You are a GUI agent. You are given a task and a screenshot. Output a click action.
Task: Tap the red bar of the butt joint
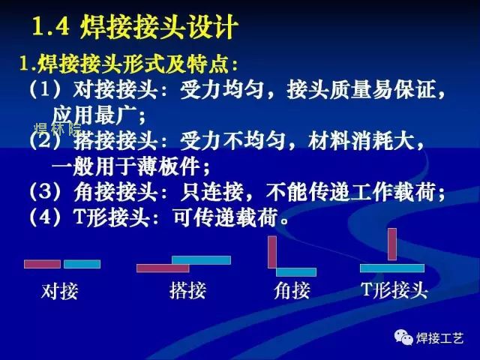[x=42, y=264]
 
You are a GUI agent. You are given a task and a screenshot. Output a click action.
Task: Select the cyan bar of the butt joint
[x=82, y=264]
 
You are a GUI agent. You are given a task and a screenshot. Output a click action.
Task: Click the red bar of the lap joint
[x=163, y=268]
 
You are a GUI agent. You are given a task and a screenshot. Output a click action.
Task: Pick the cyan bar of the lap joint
[x=202, y=260]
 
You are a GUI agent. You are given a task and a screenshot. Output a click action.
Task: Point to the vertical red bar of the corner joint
[x=272, y=252]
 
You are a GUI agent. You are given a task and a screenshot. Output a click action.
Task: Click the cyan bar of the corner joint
[x=296, y=272]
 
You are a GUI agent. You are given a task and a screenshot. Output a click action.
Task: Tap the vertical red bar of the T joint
[x=392, y=244]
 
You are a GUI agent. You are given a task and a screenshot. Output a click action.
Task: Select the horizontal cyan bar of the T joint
[x=392, y=268]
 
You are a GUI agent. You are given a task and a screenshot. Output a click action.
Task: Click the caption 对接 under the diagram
[x=60, y=291]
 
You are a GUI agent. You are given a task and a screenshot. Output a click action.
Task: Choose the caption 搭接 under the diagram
[x=188, y=291]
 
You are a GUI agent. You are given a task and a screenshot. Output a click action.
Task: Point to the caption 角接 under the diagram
[x=292, y=291]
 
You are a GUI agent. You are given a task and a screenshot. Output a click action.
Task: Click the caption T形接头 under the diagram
[x=394, y=290]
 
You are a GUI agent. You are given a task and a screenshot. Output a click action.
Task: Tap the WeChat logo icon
[x=403, y=337]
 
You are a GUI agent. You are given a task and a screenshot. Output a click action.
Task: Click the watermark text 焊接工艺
[x=439, y=338]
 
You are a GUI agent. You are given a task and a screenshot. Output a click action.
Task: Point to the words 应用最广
[x=94, y=115]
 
